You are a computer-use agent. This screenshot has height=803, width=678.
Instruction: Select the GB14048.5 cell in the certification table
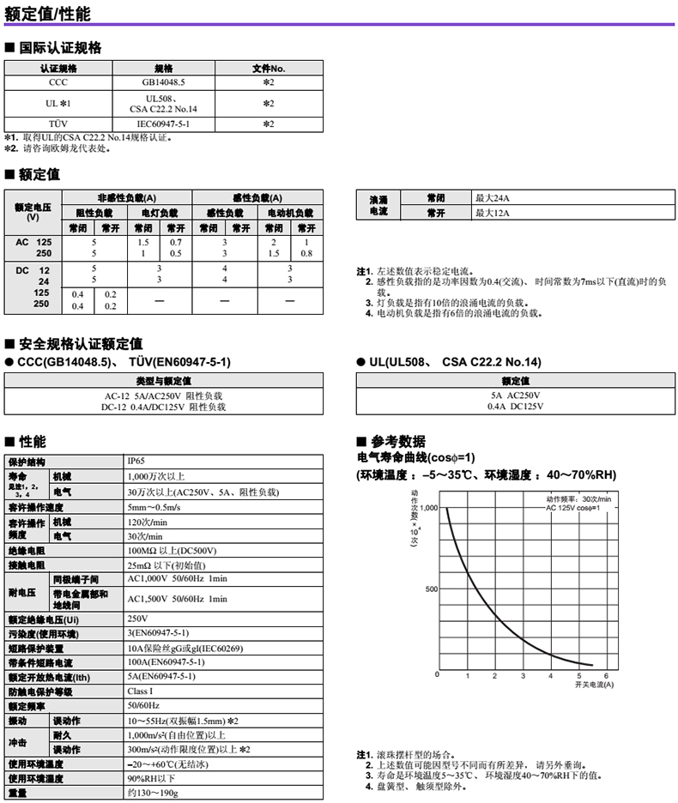coord(163,83)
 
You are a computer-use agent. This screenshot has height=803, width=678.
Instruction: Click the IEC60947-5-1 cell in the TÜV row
coord(163,124)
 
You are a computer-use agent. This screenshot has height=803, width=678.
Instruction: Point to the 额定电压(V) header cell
coord(33,211)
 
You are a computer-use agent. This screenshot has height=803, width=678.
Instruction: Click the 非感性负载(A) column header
coord(127,196)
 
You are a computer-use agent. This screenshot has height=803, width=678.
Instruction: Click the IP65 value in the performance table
coord(137,461)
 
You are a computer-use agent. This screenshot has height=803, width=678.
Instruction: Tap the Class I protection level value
coord(141,691)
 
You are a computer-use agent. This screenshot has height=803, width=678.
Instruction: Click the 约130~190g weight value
coord(153,793)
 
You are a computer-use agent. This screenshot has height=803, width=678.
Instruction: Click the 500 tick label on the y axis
coord(432,589)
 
